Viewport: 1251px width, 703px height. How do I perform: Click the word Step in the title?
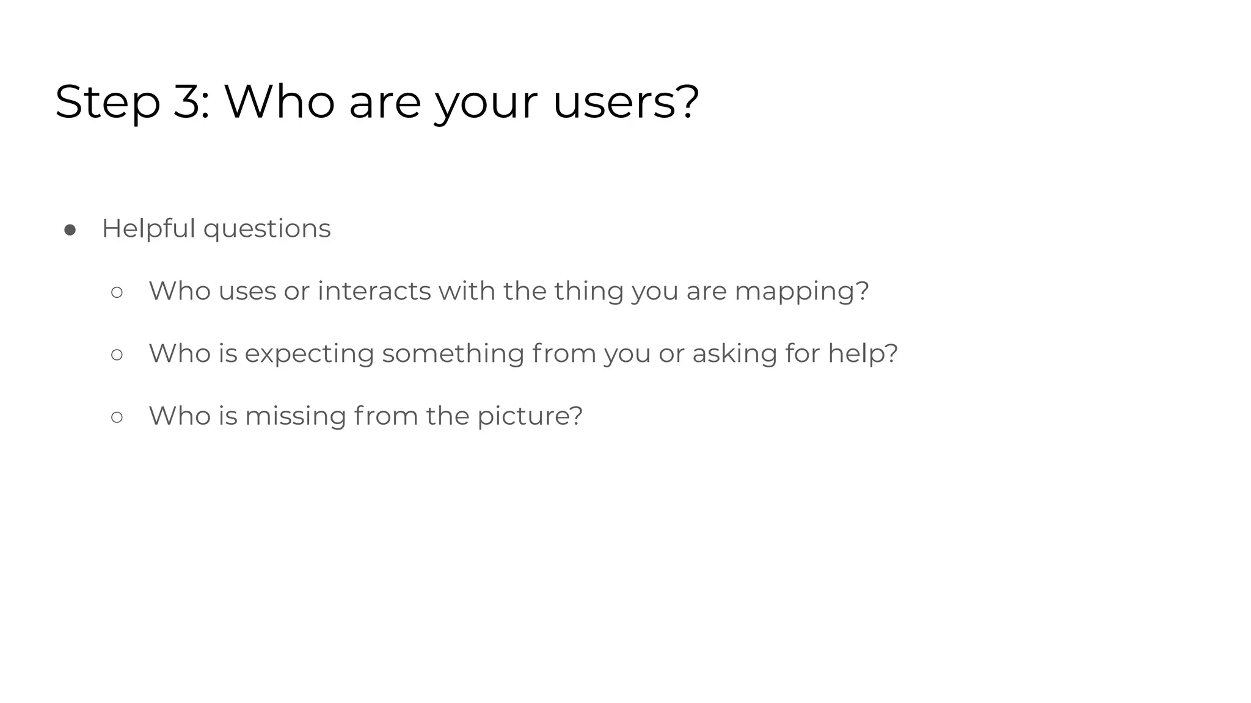point(108,103)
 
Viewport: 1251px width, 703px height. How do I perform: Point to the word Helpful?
point(148,229)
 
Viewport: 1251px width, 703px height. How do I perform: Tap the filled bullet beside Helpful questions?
point(70,230)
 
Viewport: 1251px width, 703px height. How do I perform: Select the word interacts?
point(374,291)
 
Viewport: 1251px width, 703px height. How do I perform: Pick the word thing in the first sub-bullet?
point(589,291)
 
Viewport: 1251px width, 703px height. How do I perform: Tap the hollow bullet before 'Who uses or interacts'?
point(117,292)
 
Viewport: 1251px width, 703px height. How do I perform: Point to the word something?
point(453,354)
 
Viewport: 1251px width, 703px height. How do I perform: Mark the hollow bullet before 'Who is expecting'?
point(117,355)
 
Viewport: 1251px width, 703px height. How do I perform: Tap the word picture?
point(530,417)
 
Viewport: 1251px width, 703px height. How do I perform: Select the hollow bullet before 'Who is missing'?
point(117,417)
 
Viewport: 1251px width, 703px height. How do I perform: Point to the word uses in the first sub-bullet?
point(247,292)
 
